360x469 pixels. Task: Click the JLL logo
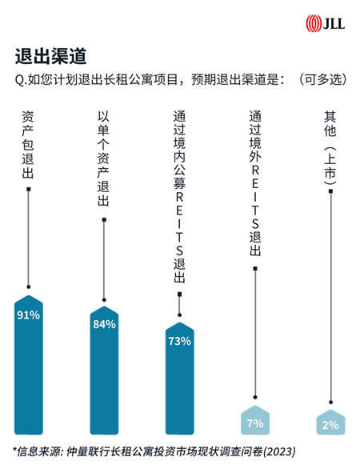(325, 23)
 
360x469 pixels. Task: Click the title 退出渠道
(51, 56)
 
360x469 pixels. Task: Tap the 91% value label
(29, 315)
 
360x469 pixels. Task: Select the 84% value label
(104, 324)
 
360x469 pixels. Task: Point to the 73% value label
(180, 341)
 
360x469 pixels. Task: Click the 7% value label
(255, 423)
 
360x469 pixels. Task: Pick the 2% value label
(330, 425)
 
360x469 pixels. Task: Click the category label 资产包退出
(28, 145)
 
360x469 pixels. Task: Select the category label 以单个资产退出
(104, 158)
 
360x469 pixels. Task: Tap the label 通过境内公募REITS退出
(179, 197)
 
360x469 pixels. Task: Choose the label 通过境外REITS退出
(255, 183)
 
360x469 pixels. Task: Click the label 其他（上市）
(330, 148)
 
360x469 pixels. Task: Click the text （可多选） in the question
(323, 79)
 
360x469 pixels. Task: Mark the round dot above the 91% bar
(29, 287)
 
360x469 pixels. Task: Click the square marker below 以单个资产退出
(104, 220)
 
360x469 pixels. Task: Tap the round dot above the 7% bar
(255, 397)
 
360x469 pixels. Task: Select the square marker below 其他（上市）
(330, 191)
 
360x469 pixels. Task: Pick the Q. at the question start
(20, 80)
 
